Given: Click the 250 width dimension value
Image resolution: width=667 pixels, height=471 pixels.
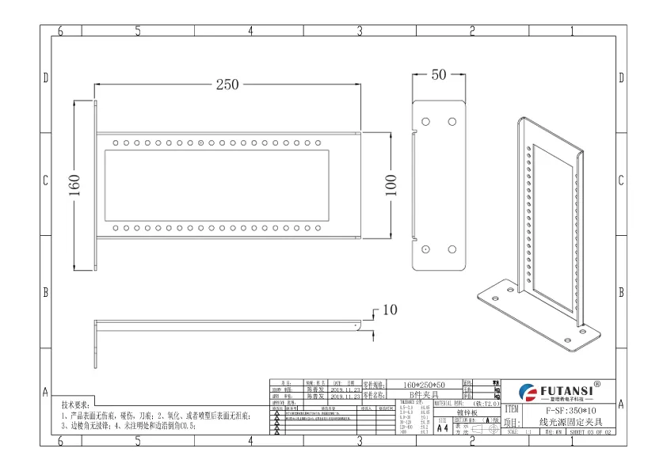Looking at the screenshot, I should click(x=228, y=85).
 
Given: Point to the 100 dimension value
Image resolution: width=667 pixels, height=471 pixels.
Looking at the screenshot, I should click(x=390, y=185).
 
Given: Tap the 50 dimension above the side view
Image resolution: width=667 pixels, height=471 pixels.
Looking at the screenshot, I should click(x=438, y=75).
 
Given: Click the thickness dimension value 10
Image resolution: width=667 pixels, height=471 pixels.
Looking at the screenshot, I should click(x=389, y=310).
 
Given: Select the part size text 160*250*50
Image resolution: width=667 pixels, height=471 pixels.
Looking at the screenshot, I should click(x=424, y=384).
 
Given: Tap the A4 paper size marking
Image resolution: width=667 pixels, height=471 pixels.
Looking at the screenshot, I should click(x=442, y=427).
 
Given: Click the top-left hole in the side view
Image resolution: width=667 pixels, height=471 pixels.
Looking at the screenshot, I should click(x=425, y=122).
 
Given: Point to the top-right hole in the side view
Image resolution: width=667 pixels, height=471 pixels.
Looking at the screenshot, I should click(x=452, y=122).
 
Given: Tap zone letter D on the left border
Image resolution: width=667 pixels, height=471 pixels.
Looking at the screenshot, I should click(x=45, y=78).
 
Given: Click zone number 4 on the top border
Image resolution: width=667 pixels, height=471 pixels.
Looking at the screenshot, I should click(x=250, y=31).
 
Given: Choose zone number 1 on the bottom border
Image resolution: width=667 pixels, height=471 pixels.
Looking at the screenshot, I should click(x=572, y=441).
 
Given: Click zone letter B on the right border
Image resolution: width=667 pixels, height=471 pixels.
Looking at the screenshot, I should click(x=621, y=292).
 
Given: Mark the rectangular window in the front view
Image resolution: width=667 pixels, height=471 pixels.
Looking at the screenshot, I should click(x=219, y=186).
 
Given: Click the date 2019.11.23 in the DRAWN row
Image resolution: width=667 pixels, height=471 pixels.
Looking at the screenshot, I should click(x=346, y=390).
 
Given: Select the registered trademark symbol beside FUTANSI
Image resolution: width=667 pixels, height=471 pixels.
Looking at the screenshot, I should click(x=596, y=383).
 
